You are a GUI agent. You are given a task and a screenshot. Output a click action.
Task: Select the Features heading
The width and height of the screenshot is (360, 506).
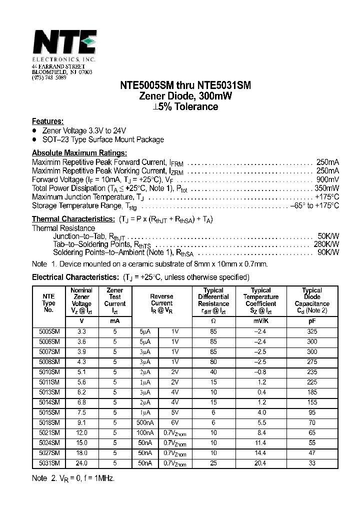(47, 121)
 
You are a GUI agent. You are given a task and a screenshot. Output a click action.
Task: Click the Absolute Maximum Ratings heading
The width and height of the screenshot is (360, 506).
(79, 153)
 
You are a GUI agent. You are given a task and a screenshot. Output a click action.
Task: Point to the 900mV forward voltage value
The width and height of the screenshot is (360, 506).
(327, 179)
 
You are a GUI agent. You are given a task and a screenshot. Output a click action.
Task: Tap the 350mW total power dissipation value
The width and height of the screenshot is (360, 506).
(326, 188)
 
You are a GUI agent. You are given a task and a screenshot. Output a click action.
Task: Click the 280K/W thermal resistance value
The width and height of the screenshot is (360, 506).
(328, 244)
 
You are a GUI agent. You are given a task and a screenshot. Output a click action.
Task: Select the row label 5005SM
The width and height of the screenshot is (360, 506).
(49, 331)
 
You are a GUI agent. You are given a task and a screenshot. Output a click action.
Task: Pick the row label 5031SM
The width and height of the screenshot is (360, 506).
(49, 463)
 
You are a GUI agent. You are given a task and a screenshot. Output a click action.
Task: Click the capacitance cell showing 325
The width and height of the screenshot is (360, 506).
(312, 331)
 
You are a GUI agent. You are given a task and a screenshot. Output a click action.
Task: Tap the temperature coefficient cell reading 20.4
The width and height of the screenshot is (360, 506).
(260, 463)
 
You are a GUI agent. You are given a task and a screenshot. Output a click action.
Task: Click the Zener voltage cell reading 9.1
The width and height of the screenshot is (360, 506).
(81, 423)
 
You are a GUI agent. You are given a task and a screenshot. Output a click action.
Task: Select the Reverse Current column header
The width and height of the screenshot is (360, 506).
(161, 300)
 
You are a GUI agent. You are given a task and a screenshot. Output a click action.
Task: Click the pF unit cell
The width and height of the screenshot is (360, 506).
(312, 320)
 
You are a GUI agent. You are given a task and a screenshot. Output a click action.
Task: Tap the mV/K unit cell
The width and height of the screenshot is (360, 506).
(260, 320)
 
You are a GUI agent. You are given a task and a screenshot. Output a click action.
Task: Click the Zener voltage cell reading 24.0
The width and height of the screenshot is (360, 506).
(81, 463)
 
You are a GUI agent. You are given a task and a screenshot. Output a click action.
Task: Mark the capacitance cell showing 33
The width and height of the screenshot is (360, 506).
(312, 463)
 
